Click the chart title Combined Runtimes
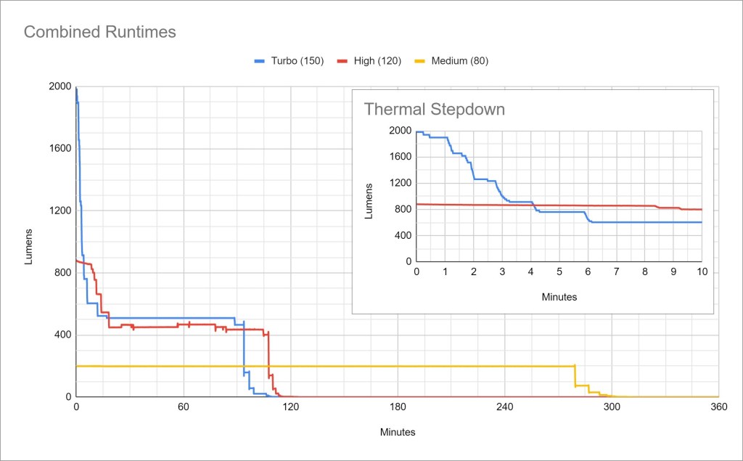[x=100, y=32]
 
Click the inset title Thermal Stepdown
[x=434, y=110]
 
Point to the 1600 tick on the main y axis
[x=60, y=149]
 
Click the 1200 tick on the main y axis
[x=60, y=211]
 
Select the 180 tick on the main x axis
[x=398, y=407]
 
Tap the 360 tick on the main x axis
[x=719, y=407]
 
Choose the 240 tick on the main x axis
[x=505, y=407]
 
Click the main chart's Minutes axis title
[x=398, y=432]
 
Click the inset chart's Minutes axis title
[x=559, y=297]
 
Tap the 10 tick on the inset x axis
[x=702, y=272]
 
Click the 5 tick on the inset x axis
[x=559, y=272]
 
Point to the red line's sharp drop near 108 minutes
[x=268, y=356]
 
